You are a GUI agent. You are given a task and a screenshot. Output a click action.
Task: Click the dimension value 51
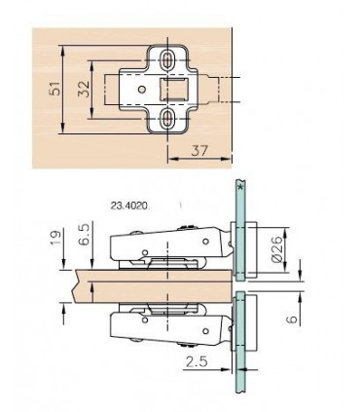pos(56,89)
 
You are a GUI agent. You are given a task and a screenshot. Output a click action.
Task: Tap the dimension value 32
pos(84,89)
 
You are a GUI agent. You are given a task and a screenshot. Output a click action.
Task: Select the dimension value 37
pos(199,151)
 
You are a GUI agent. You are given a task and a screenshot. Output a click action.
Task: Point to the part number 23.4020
pos(129,206)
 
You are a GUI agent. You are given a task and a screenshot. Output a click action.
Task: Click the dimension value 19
pos(56,239)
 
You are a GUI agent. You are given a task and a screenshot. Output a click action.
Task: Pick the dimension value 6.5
pos(85,235)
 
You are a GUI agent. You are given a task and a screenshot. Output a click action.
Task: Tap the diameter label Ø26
pos(277,249)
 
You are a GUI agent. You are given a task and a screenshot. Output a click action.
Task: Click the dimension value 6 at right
pos(293,318)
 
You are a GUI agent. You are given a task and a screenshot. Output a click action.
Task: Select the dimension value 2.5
pos(197,361)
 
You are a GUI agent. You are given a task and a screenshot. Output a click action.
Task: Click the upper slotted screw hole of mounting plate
pos(167,60)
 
